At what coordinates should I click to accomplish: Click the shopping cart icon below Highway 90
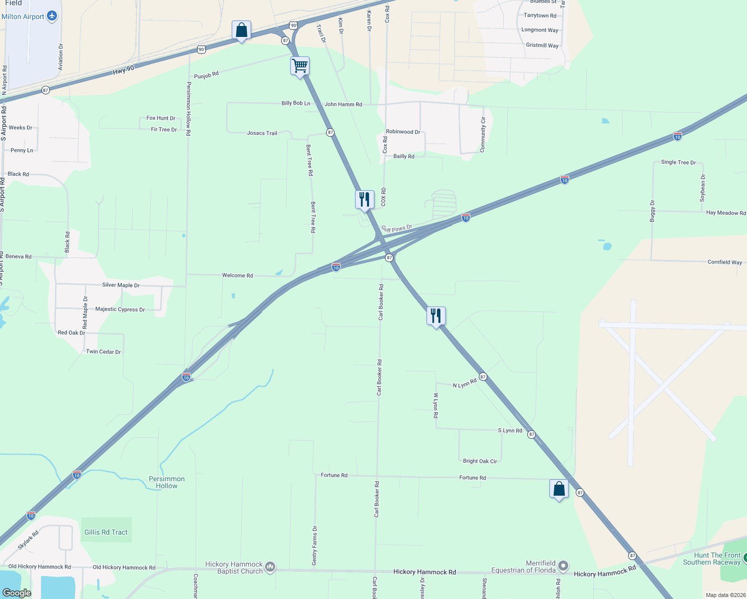(300, 65)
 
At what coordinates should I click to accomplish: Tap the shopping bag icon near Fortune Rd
(559, 489)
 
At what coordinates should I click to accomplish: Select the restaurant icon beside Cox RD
(365, 199)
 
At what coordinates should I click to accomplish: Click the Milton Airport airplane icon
(52, 16)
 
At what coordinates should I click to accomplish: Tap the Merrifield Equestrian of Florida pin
(563, 566)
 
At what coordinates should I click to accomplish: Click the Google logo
(17, 593)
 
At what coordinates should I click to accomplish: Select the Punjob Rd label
(206, 75)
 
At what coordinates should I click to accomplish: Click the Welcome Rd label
(237, 276)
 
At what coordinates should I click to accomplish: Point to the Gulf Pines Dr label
(396, 229)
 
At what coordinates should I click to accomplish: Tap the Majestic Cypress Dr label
(120, 309)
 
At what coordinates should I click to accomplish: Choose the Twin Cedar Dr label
(103, 352)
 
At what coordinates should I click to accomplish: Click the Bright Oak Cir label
(480, 461)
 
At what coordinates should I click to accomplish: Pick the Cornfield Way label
(725, 262)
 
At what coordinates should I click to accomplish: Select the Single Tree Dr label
(678, 162)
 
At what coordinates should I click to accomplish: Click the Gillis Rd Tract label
(106, 532)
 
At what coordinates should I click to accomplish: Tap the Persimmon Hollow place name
(167, 482)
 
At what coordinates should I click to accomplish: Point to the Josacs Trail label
(262, 133)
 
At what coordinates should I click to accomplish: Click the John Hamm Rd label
(343, 104)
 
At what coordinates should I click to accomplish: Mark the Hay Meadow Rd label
(726, 213)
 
